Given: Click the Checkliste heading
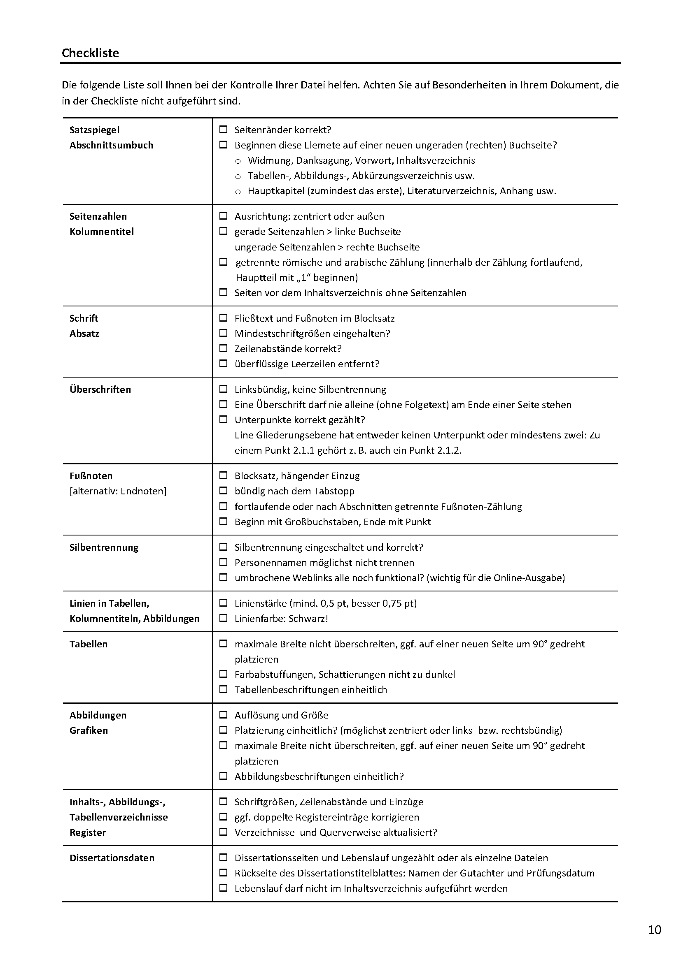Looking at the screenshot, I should click(x=90, y=53).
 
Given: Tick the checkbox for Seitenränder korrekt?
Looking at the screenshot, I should click(x=224, y=130).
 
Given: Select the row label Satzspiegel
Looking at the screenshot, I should click(x=94, y=130).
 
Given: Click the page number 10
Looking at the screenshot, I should click(x=655, y=930).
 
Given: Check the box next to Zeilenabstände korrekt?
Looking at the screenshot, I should click(x=224, y=348).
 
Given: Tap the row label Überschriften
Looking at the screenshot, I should click(x=100, y=389).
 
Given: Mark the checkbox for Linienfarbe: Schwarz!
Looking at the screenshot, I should click(x=224, y=618).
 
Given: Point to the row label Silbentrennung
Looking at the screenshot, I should click(x=104, y=547).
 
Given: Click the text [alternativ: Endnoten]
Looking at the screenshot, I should click(x=118, y=491).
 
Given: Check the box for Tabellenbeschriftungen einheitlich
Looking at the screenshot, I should click(x=224, y=689).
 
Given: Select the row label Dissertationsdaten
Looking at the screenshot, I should click(x=112, y=858).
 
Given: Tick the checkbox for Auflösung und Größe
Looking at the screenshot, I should click(x=224, y=715).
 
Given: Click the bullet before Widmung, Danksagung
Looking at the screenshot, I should click(x=238, y=161).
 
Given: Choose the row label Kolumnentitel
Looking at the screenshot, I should click(x=102, y=232).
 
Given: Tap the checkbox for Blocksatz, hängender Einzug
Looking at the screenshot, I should click(x=224, y=475).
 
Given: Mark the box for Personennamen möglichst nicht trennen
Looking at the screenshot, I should click(x=224, y=562).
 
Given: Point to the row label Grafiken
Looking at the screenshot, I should click(x=89, y=730).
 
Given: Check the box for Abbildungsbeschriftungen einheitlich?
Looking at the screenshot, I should click(x=224, y=777).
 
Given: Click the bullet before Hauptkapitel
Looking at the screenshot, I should click(x=238, y=192).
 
